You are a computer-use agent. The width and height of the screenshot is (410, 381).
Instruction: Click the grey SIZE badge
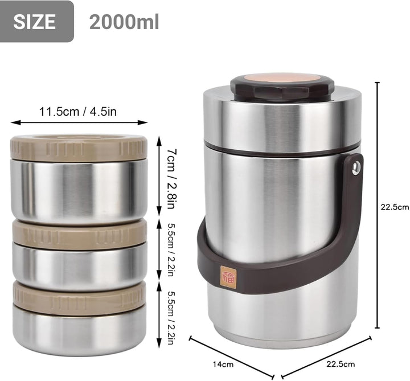click(x=36, y=21)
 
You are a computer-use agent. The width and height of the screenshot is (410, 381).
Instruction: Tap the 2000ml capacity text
click(x=124, y=22)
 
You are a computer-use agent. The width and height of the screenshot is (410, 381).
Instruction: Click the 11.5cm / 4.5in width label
click(x=78, y=112)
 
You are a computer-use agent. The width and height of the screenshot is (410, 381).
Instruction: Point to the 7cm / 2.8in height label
click(x=171, y=179)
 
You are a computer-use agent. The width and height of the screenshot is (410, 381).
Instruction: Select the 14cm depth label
click(x=223, y=364)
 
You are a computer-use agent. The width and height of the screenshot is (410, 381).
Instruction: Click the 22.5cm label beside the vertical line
click(x=395, y=207)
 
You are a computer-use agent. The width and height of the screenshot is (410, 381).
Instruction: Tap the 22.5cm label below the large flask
click(x=341, y=364)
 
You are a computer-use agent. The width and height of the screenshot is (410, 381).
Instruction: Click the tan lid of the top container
click(x=79, y=148)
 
